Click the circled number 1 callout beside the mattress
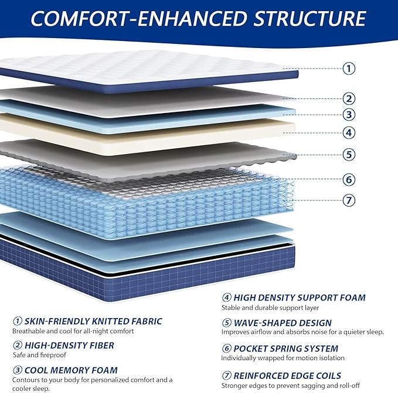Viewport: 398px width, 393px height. [349, 68]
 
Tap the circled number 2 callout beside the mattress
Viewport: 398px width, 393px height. [349, 98]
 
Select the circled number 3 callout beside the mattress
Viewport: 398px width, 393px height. [349, 115]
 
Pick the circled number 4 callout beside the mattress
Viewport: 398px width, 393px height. [349, 132]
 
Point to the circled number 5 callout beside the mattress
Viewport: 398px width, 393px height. [349, 155]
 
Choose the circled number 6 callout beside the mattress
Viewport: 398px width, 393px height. [349, 179]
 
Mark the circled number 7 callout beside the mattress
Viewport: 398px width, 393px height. [349, 200]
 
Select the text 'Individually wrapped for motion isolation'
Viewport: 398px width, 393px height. [283, 358]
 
